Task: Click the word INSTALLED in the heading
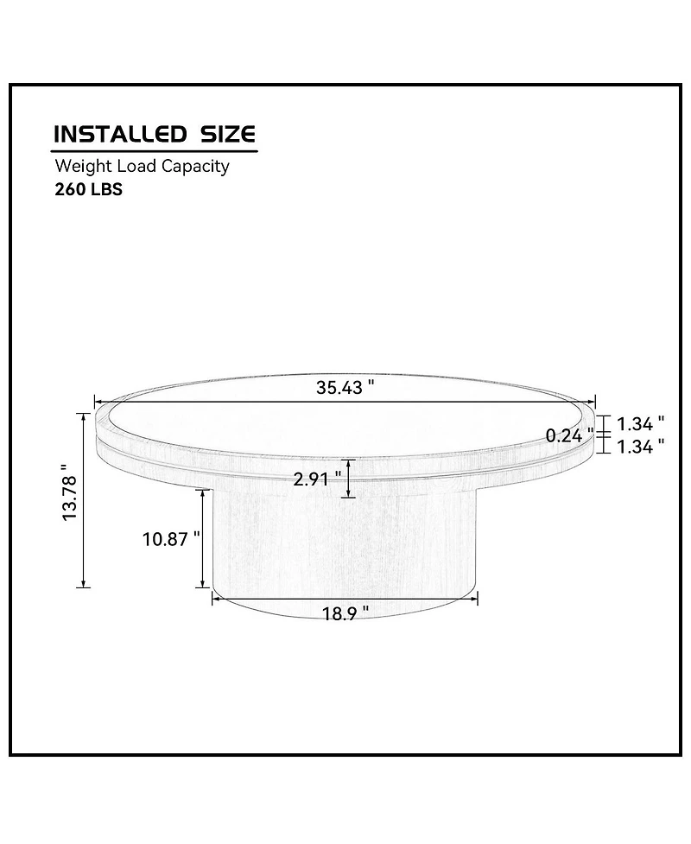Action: tap(120, 134)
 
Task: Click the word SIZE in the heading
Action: tap(228, 134)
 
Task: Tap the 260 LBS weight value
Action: tap(89, 189)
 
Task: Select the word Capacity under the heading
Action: tap(195, 167)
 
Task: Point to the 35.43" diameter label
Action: tap(345, 387)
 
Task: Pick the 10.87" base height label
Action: tap(171, 539)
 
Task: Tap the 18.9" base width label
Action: tap(345, 613)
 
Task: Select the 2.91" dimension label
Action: tap(318, 479)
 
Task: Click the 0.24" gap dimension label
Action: tap(569, 435)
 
